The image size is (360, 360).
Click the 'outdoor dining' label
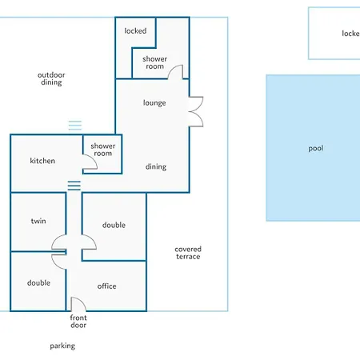click(51, 78)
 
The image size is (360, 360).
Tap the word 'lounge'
click(154, 103)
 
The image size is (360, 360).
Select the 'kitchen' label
click(42, 161)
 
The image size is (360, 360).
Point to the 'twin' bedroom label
click(38, 221)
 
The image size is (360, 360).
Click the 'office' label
click(106, 286)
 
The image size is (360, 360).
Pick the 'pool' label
click(316, 148)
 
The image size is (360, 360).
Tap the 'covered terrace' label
click(188, 253)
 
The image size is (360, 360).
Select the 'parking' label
click(62, 346)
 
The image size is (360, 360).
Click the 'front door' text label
click(78, 322)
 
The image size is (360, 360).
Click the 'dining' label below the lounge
click(156, 166)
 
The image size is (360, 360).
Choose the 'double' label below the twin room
click(38, 282)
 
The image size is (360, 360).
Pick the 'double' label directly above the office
click(114, 225)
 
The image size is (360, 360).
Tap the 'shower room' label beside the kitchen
click(103, 150)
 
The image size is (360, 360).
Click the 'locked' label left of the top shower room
click(135, 30)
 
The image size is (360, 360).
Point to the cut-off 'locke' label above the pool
click(350, 34)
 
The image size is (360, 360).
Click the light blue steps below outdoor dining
click(75, 126)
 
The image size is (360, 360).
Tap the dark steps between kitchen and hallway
click(74, 186)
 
